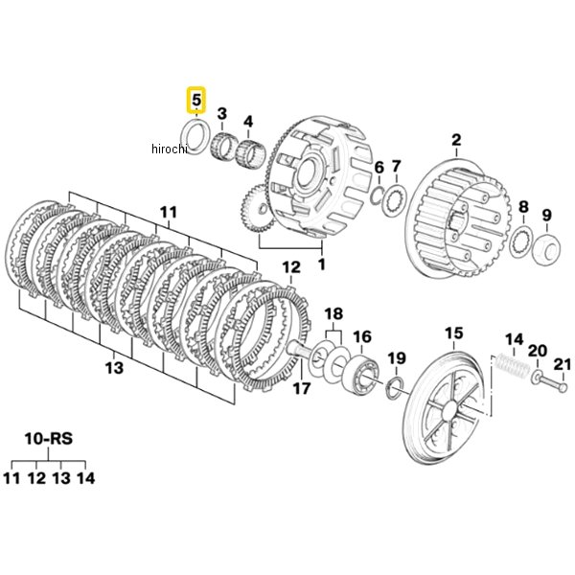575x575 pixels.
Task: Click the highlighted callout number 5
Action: click(x=196, y=100)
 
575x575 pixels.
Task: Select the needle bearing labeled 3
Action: click(x=223, y=148)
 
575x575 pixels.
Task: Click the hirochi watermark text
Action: click(x=169, y=149)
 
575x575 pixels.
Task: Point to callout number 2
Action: click(x=456, y=140)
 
